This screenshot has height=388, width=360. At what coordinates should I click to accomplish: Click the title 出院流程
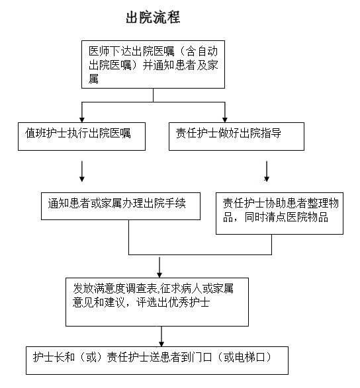click(x=153, y=17)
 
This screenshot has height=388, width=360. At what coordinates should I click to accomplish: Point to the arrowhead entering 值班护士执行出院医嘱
click(x=82, y=120)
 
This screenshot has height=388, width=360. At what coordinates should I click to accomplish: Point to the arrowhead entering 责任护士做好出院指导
click(x=225, y=120)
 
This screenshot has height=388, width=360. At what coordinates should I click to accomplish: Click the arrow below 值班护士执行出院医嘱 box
click(x=82, y=171)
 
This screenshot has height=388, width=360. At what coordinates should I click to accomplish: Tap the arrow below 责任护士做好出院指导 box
click(x=267, y=171)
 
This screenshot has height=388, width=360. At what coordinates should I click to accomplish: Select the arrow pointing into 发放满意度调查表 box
click(x=159, y=267)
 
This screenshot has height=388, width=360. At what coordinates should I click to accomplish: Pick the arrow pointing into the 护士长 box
click(x=161, y=336)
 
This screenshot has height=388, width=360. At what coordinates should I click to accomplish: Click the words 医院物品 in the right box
click(x=307, y=217)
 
